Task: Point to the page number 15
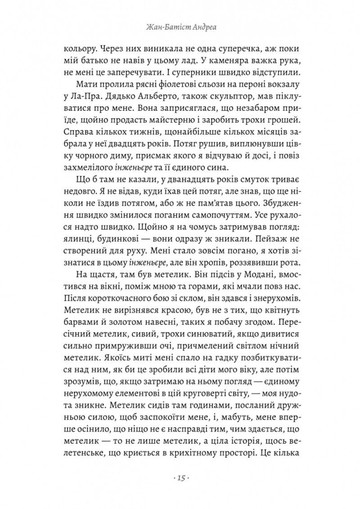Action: (180, 477)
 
